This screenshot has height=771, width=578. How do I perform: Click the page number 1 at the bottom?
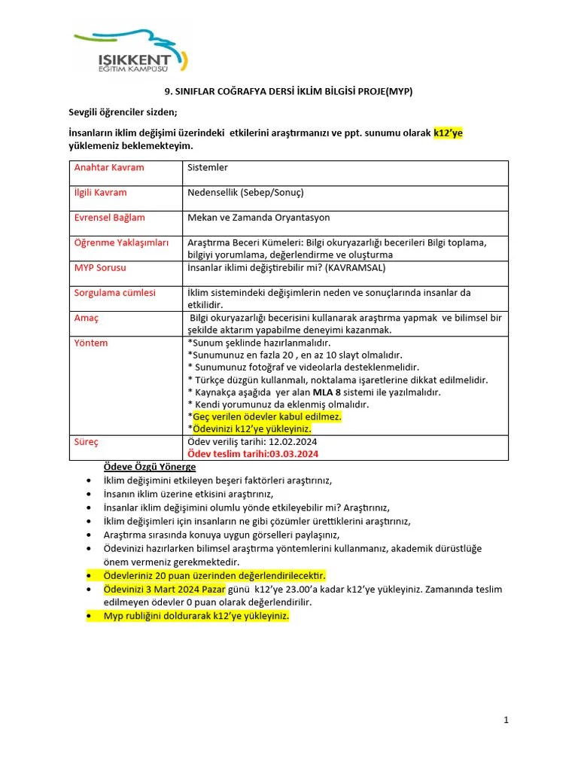(507, 720)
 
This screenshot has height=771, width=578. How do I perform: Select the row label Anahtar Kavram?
(108, 167)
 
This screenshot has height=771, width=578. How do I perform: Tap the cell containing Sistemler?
(207, 167)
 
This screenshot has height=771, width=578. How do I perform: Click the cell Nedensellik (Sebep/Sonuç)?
(245, 193)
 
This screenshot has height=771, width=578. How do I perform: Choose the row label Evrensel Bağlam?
(109, 218)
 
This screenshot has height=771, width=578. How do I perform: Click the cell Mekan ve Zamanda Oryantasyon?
(258, 218)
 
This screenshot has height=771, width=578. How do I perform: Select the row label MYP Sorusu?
(100, 268)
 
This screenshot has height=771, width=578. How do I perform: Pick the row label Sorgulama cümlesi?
(114, 293)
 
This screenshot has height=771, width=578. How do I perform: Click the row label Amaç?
(86, 318)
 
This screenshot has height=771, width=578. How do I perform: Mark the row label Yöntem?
(90, 343)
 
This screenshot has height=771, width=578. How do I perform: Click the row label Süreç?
(86, 442)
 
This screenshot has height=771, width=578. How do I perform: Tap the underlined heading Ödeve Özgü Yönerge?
(149, 467)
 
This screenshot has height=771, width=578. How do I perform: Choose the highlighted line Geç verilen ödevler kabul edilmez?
(267, 416)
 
